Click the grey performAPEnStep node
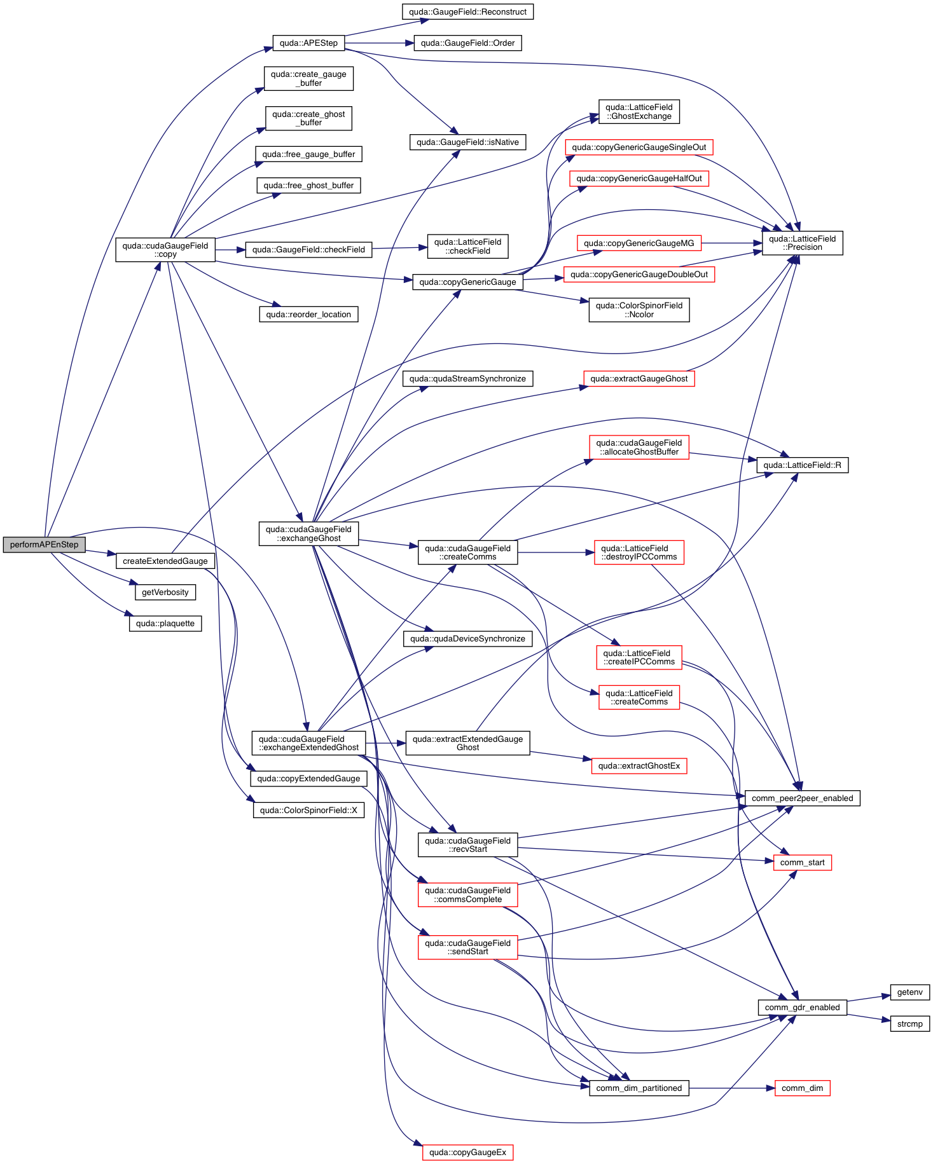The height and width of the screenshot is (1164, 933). (x=44, y=545)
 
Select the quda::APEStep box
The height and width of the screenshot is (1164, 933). (x=308, y=43)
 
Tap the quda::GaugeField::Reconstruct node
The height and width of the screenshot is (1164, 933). (x=467, y=12)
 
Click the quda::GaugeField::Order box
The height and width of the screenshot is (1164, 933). (x=467, y=43)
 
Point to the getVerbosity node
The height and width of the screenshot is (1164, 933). (x=165, y=592)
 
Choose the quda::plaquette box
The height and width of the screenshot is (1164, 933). (x=165, y=624)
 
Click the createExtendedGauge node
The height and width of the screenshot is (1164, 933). (x=165, y=561)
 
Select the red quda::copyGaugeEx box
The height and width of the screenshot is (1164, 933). (x=467, y=1153)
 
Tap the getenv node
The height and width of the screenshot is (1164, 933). (x=909, y=992)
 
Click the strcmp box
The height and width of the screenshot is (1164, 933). (x=909, y=1024)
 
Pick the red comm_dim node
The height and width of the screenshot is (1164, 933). (x=802, y=1088)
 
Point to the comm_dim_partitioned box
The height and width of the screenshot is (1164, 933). (x=639, y=1088)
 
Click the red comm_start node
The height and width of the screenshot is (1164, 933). (x=802, y=863)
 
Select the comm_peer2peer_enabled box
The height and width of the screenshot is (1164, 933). (x=802, y=798)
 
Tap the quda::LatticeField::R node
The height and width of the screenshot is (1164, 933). (x=802, y=465)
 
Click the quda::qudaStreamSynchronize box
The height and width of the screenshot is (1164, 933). (x=467, y=379)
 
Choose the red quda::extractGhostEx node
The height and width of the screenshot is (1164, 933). (x=639, y=766)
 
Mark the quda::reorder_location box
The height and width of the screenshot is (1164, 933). (x=308, y=315)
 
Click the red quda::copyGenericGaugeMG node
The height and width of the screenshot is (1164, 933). (x=639, y=243)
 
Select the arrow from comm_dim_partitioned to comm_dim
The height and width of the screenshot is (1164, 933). (x=731, y=1088)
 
